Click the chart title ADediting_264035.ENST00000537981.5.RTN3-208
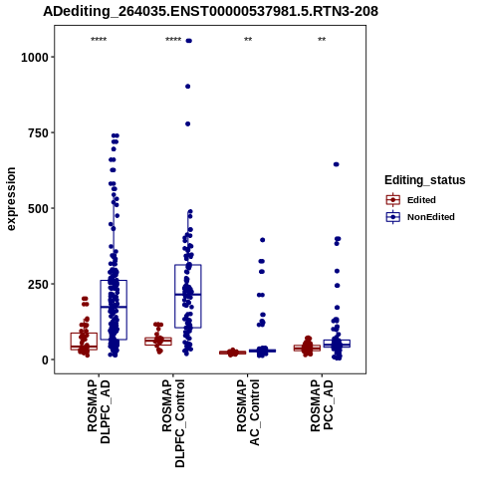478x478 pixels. click(x=210, y=11)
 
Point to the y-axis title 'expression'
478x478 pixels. click(x=11, y=199)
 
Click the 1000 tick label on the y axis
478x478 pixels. click(x=35, y=58)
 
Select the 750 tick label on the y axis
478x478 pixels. click(x=39, y=133)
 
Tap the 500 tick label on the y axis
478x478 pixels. click(x=39, y=209)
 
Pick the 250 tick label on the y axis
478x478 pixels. click(x=39, y=285)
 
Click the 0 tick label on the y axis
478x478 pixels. click(x=46, y=360)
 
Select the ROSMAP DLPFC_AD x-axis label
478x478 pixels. click(x=99, y=412)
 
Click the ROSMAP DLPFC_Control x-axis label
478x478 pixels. click(x=173, y=423)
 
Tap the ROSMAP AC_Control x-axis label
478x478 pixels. click(x=248, y=412)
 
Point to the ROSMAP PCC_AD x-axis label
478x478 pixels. click(x=322, y=405)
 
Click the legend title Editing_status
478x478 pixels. click(x=425, y=180)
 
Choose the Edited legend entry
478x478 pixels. click(x=410, y=200)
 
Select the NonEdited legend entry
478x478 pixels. click(x=420, y=217)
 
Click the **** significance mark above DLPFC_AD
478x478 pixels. click(x=99, y=40)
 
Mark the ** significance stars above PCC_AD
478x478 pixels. click(x=322, y=40)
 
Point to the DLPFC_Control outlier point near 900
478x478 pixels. click(x=188, y=87)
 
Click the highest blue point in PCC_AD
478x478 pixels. click(x=337, y=164)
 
